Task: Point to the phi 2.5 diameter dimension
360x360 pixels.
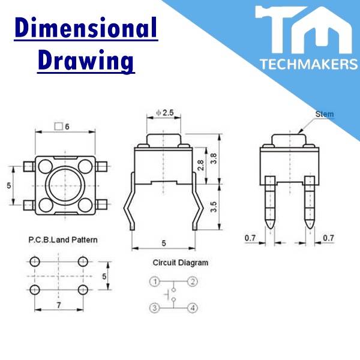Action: tap(164, 113)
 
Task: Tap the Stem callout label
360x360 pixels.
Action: tap(324, 114)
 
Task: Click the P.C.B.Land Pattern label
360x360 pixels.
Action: tap(62, 239)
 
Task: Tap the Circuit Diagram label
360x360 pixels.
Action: tap(180, 262)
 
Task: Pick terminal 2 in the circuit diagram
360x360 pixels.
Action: tap(192, 281)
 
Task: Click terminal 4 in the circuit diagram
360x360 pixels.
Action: tap(192, 308)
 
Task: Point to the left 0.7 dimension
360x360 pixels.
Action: tap(250, 238)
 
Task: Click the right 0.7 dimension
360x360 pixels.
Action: tap(328, 238)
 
